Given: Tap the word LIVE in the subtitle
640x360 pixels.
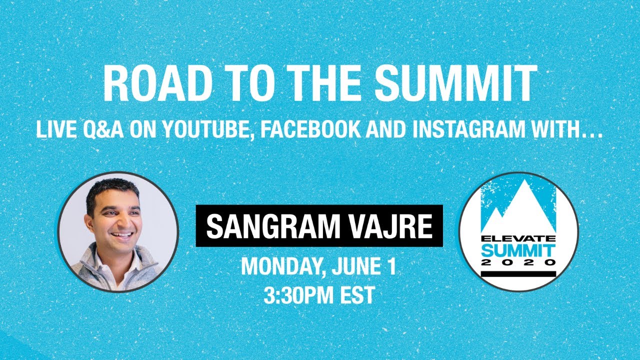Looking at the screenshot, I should (52, 129).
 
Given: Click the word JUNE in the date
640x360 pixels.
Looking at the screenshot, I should (356, 267).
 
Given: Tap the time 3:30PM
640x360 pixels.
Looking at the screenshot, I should (297, 295).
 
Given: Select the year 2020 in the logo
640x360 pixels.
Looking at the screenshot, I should (518, 262).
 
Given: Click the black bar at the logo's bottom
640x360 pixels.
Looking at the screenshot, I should (518, 273).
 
